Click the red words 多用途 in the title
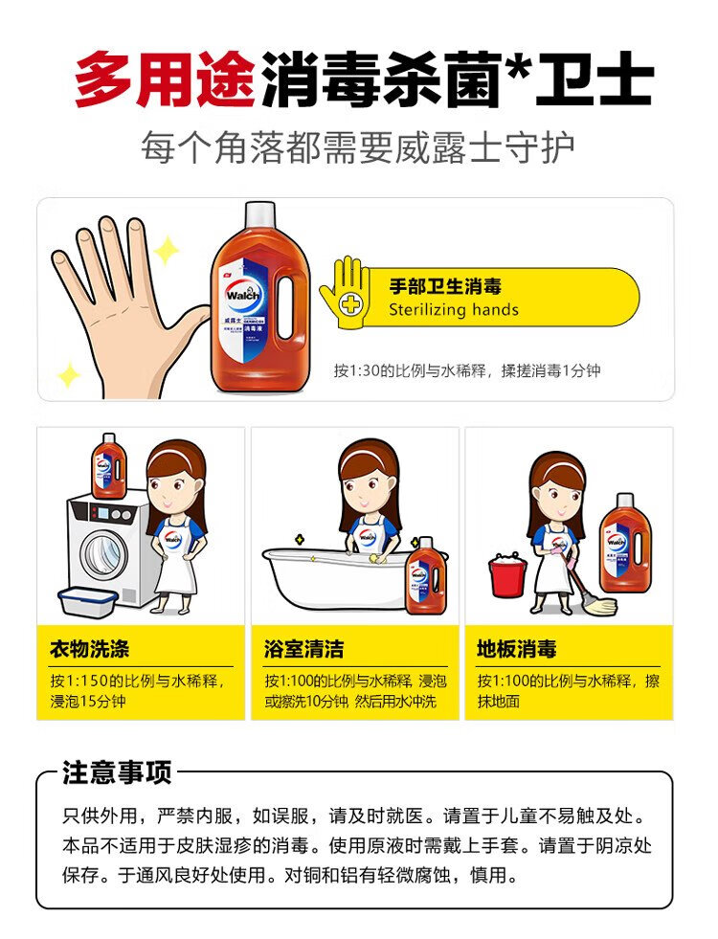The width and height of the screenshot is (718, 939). click(167, 78)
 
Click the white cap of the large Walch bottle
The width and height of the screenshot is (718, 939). click(259, 213)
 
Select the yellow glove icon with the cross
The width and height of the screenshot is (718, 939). click(345, 292)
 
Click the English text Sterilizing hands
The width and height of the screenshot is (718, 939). click(454, 309)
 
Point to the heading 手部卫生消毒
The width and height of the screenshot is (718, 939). click(445, 286)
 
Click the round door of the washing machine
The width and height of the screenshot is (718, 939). click(104, 554)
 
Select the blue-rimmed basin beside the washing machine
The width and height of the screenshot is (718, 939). click(88, 601)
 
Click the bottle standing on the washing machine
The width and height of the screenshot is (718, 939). click(109, 466)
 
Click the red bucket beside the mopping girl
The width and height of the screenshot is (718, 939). click(507, 575)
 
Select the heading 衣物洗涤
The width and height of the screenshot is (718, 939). click(90, 649)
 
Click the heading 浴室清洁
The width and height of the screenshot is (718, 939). click(304, 649)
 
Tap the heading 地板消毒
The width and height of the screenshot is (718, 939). click(517, 649)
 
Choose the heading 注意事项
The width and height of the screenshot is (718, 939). click(117, 772)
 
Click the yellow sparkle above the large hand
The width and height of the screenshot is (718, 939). click(167, 251)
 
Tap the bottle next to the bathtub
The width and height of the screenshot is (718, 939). click(426, 575)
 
